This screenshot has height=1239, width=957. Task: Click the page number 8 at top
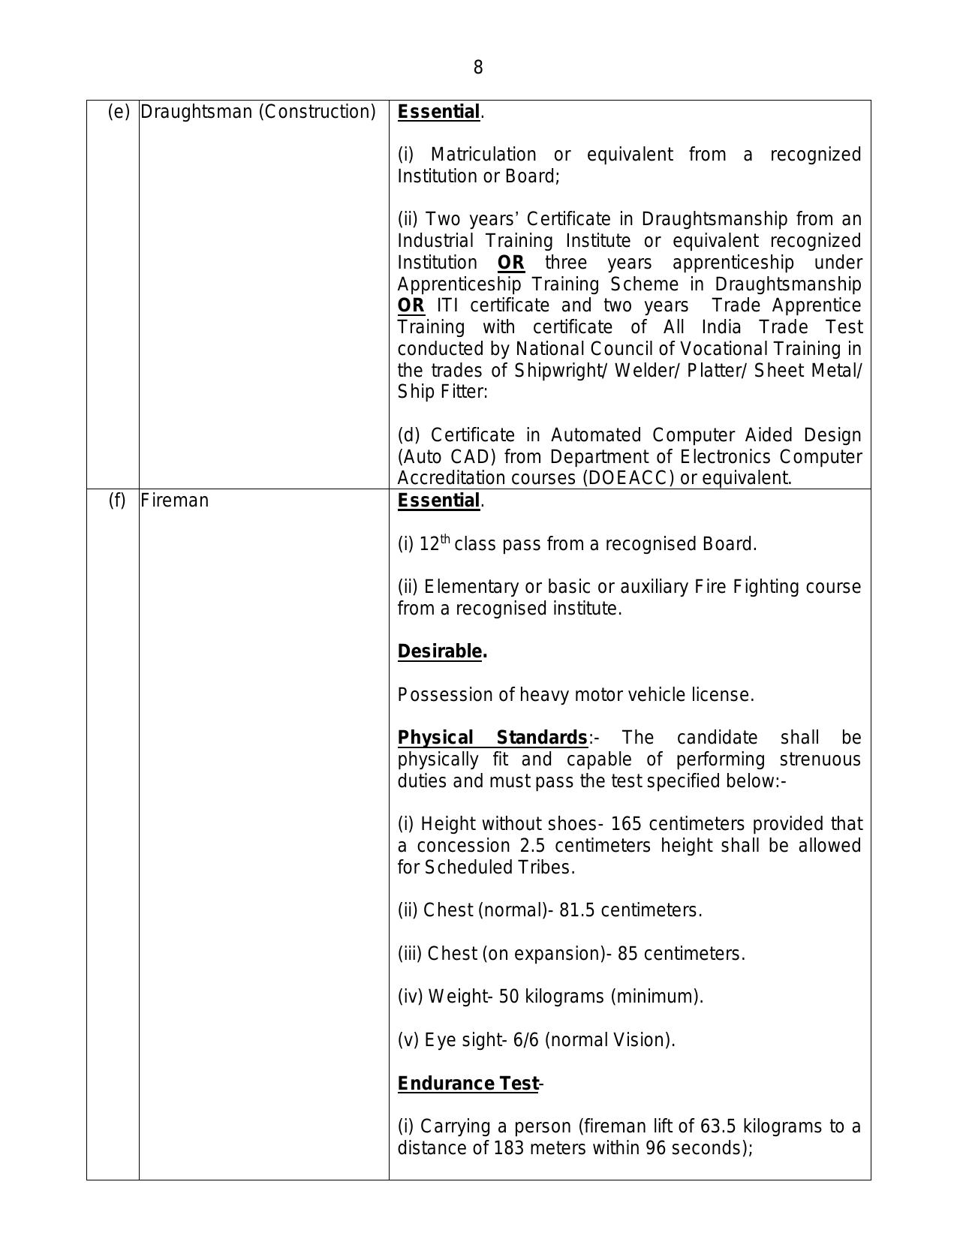[x=478, y=68]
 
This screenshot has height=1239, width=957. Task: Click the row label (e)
[x=119, y=112]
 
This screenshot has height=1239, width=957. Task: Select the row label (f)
[x=117, y=501]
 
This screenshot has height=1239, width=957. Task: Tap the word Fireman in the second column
[x=174, y=501]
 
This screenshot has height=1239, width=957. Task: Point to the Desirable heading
[x=440, y=651]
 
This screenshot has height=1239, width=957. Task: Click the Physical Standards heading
[x=492, y=738]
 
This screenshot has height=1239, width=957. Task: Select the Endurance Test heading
[x=468, y=1084]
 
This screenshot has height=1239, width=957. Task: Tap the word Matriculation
[x=483, y=155]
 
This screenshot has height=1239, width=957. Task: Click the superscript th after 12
[x=445, y=539]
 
